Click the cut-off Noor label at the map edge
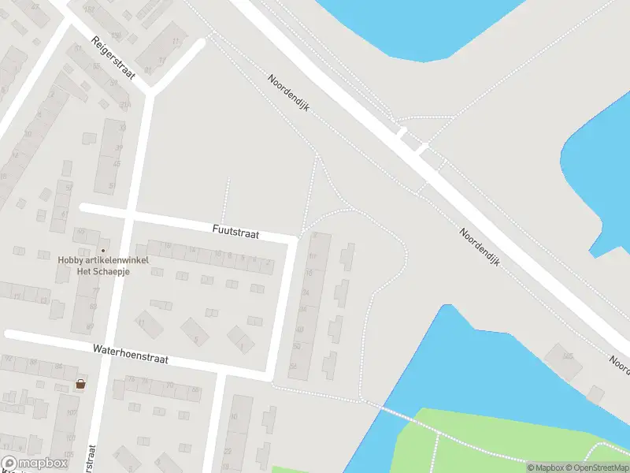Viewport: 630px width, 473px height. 619,363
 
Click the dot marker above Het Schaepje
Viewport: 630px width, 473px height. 103,250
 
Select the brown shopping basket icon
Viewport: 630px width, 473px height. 80,385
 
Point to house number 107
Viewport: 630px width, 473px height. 71,412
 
